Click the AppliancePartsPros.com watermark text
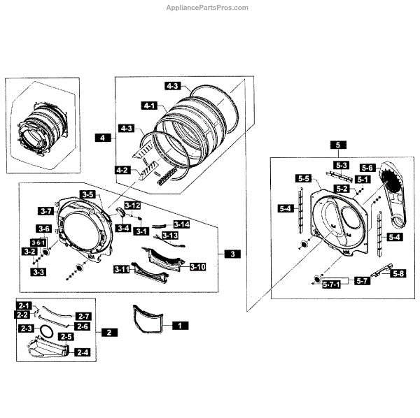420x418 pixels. click(x=209, y=8)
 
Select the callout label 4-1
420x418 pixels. click(x=148, y=106)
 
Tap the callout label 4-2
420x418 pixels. click(x=122, y=170)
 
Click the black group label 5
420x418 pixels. click(x=338, y=145)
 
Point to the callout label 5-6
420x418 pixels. click(x=368, y=168)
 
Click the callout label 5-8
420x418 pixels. click(x=398, y=273)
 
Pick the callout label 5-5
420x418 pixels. click(x=303, y=179)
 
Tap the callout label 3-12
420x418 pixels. click(x=133, y=206)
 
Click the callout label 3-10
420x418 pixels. click(x=197, y=266)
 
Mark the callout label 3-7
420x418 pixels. click(x=47, y=210)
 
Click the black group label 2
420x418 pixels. click(x=108, y=333)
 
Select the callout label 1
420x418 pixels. click(x=179, y=325)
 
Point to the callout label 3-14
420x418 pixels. click(x=181, y=224)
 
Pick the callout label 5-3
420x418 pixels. click(x=341, y=165)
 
